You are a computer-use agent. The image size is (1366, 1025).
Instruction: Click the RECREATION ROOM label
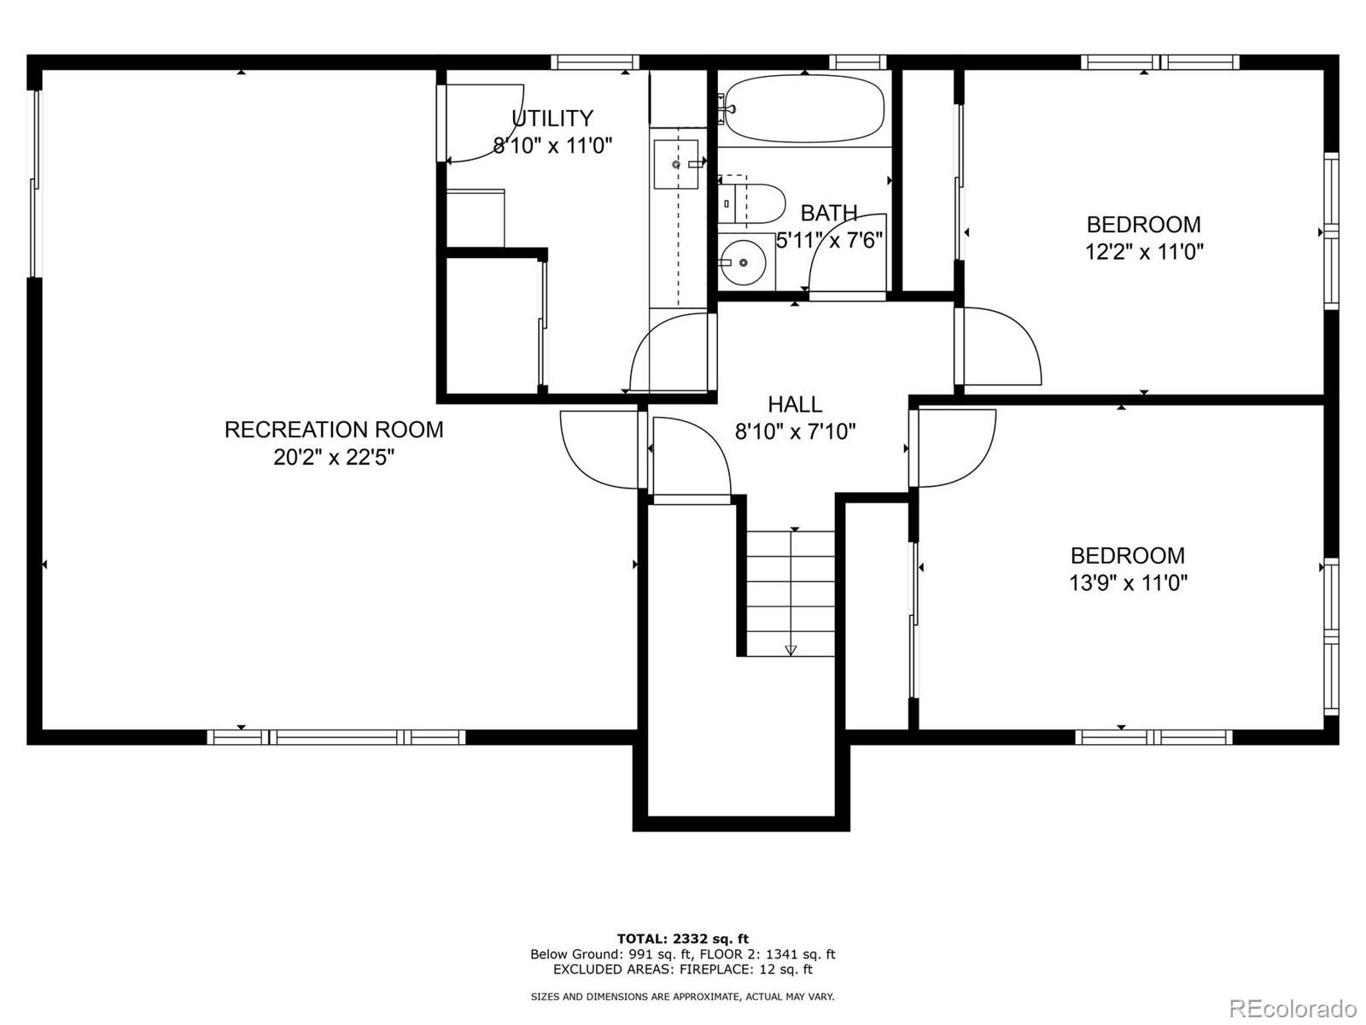[334, 430]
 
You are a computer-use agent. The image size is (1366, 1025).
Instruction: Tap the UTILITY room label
[552, 118]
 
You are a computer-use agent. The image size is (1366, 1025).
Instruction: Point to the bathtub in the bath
[805, 109]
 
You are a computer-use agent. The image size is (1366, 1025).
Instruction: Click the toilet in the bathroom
[751, 203]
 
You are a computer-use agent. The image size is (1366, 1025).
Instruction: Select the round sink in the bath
[743, 262]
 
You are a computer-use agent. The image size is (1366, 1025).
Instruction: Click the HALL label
[795, 405]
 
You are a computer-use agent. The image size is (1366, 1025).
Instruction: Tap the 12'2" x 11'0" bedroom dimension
[1144, 252]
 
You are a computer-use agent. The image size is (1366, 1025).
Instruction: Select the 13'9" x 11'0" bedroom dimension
[1129, 583]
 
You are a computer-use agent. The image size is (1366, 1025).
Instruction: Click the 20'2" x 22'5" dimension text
[334, 458]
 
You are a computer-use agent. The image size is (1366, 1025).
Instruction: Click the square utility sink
[676, 164]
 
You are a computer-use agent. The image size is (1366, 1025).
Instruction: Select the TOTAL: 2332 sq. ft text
[683, 939]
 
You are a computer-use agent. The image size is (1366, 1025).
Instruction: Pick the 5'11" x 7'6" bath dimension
[830, 240]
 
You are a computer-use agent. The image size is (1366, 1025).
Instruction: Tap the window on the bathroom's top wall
[857, 61]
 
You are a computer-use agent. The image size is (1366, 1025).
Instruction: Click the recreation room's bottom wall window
[336, 737]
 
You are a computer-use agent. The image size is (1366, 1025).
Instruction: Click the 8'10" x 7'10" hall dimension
[796, 431]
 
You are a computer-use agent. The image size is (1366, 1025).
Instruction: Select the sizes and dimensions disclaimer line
[683, 996]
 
